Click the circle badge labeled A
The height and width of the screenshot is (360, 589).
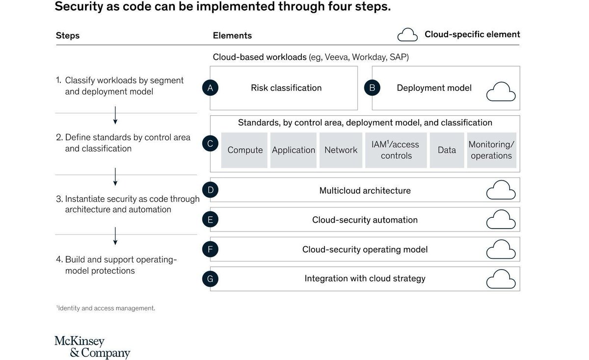(210, 88)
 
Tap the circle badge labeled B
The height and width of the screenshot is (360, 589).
(372, 88)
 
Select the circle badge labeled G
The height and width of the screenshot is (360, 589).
(210, 279)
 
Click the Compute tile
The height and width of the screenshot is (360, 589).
(244, 150)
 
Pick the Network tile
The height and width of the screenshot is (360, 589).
(341, 150)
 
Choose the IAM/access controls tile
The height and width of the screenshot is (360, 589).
(396, 150)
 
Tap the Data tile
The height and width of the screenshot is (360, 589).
(447, 150)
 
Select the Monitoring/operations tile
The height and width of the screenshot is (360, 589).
(491, 150)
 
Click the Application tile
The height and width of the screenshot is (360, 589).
(294, 150)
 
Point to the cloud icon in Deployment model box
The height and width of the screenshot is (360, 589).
(501, 92)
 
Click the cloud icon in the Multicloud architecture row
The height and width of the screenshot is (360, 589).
(501, 190)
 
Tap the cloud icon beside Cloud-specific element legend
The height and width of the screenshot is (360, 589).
(407, 35)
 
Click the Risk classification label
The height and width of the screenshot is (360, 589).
(286, 88)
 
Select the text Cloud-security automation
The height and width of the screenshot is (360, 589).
(365, 220)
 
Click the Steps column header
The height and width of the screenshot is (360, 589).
(68, 35)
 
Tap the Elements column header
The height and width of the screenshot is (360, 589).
(232, 35)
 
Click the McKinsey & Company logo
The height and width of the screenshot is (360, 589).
(92, 347)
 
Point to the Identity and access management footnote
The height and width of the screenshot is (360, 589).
(106, 309)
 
